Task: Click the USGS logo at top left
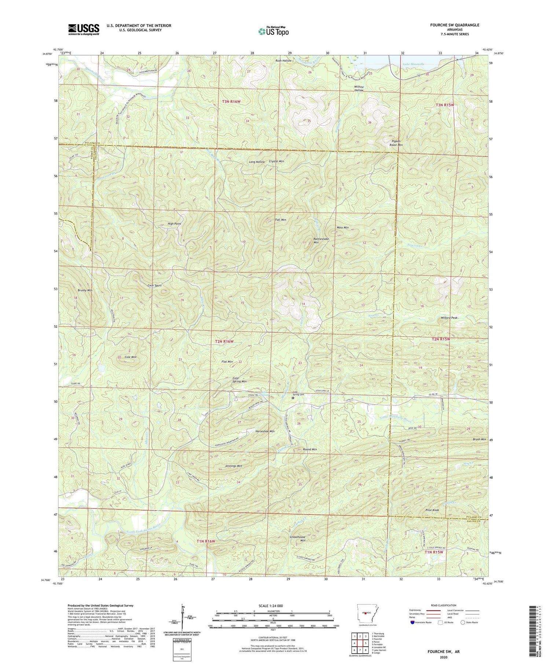[84, 29]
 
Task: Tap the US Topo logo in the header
[273, 31]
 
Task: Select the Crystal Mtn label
[276, 161]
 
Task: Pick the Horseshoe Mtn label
[265, 431]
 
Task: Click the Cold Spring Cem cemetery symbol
[293, 397]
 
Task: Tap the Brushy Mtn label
[85, 290]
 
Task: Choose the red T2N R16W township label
[224, 341]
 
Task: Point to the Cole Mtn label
[130, 357]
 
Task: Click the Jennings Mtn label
[233, 466]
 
